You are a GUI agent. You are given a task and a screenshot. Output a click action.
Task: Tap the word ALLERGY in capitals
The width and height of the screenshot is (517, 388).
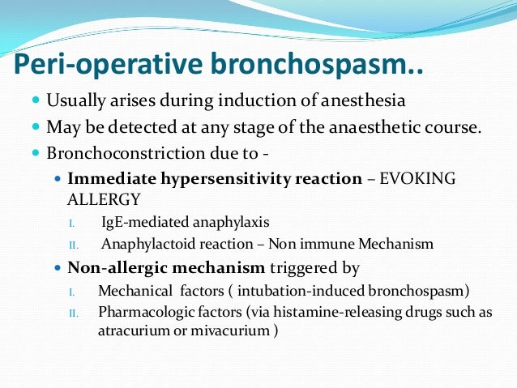pos(99,197)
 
